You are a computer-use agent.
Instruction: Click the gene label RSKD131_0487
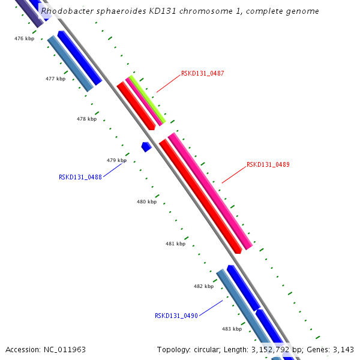[202, 73]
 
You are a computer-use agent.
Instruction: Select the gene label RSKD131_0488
[80, 177]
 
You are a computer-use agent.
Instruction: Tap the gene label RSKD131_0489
[268, 164]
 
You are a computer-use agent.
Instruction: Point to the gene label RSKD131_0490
[176, 316]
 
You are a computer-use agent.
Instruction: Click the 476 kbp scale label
[24, 38]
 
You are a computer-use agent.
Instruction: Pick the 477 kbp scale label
[55, 79]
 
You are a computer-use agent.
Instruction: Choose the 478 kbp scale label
[86, 119]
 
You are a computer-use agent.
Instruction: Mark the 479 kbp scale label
[116, 160]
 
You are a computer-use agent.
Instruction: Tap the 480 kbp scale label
[146, 202]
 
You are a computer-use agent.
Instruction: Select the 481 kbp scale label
[175, 244]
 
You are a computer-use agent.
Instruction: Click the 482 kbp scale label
[203, 286]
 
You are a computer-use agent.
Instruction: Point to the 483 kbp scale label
[232, 329]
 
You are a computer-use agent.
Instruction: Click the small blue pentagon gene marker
[146, 146]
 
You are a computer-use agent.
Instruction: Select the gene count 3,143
[344, 349]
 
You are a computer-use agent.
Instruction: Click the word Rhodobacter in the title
[67, 11]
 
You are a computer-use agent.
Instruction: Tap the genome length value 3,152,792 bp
[273, 349]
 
